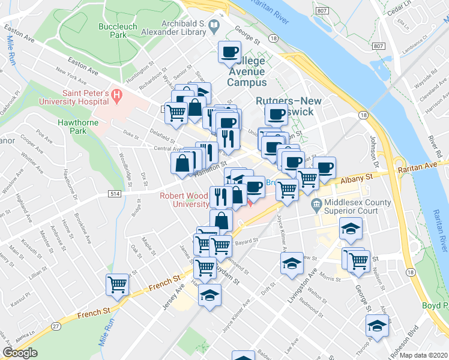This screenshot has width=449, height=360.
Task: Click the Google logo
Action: point(20,353)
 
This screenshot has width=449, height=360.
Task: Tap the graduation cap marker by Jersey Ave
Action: point(209,295)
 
